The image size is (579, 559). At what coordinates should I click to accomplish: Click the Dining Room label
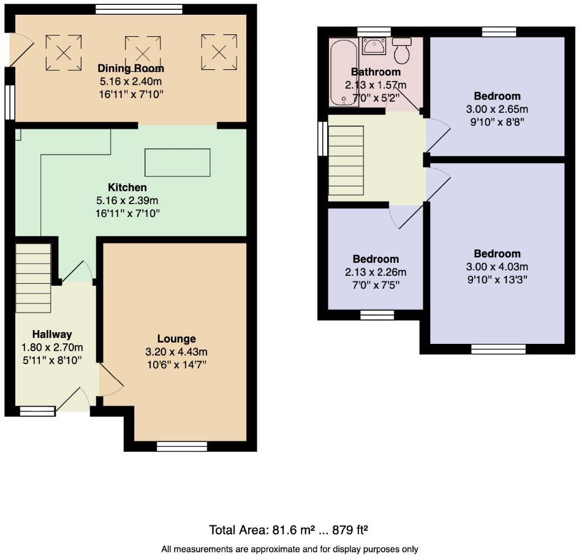coord(131,69)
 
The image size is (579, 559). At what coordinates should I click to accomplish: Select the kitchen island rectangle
coord(177,162)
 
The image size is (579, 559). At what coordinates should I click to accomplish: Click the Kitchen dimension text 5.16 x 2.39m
coord(131,200)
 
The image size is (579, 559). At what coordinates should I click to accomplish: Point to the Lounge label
coord(176,339)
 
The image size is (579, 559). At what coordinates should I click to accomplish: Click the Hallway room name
coord(52,335)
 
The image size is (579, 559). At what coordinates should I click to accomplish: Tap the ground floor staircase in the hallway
coord(33,278)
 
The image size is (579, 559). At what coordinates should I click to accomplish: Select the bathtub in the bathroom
coord(338,72)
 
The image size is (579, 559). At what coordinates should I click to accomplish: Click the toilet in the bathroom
coord(402,51)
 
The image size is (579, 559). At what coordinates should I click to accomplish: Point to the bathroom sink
coord(373,45)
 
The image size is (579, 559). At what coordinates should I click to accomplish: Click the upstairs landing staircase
coord(346,158)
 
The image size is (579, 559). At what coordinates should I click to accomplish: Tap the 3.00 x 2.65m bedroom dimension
coord(497,109)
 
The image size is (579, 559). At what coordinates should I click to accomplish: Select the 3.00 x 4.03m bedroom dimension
coord(497,267)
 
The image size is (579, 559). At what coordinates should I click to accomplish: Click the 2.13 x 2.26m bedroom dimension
coord(376,272)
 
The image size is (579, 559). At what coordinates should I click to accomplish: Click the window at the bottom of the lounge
coord(181,446)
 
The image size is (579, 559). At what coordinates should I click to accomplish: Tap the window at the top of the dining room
coord(139,9)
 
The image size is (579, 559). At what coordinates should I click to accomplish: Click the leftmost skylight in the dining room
coord(64,48)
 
